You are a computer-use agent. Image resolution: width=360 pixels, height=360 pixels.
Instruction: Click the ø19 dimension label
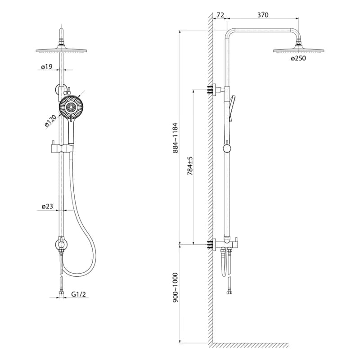(x=47, y=67)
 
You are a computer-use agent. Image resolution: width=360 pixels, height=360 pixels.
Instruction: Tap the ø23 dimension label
(x=47, y=207)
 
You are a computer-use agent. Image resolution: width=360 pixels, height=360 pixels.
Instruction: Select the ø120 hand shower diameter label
(x=50, y=121)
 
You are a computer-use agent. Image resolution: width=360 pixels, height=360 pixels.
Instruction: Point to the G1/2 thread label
(x=78, y=294)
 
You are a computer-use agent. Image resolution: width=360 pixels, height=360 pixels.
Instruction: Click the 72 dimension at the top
(x=220, y=15)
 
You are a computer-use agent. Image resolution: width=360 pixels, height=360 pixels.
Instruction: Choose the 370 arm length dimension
(x=263, y=15)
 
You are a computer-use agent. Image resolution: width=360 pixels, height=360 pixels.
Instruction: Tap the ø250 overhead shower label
(x=298, y=58)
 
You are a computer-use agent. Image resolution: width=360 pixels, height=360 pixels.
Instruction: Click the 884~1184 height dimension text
(x=175, y=138)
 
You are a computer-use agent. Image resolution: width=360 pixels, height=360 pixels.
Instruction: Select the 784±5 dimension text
(x=190, y=166)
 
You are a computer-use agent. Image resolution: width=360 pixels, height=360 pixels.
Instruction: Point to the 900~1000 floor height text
(x=175, y=287)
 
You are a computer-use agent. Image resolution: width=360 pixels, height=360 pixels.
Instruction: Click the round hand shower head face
(x=71, y=107)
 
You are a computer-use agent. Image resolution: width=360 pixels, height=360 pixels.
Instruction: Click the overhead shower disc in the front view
(x=61, y=50)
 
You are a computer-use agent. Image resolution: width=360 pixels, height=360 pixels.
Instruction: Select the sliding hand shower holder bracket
(x=62, y=148)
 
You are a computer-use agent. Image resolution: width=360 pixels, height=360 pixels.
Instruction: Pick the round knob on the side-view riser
(x=227, y=148)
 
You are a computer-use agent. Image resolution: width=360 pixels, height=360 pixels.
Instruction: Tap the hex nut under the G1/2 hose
(x=61, y=293)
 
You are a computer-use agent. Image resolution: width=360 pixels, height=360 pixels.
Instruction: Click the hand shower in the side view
(x=232, y=108)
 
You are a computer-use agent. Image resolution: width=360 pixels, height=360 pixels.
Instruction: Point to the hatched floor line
(x=250, y=345)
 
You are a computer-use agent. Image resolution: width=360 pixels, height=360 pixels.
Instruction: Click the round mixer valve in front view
(x=61, y=244)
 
